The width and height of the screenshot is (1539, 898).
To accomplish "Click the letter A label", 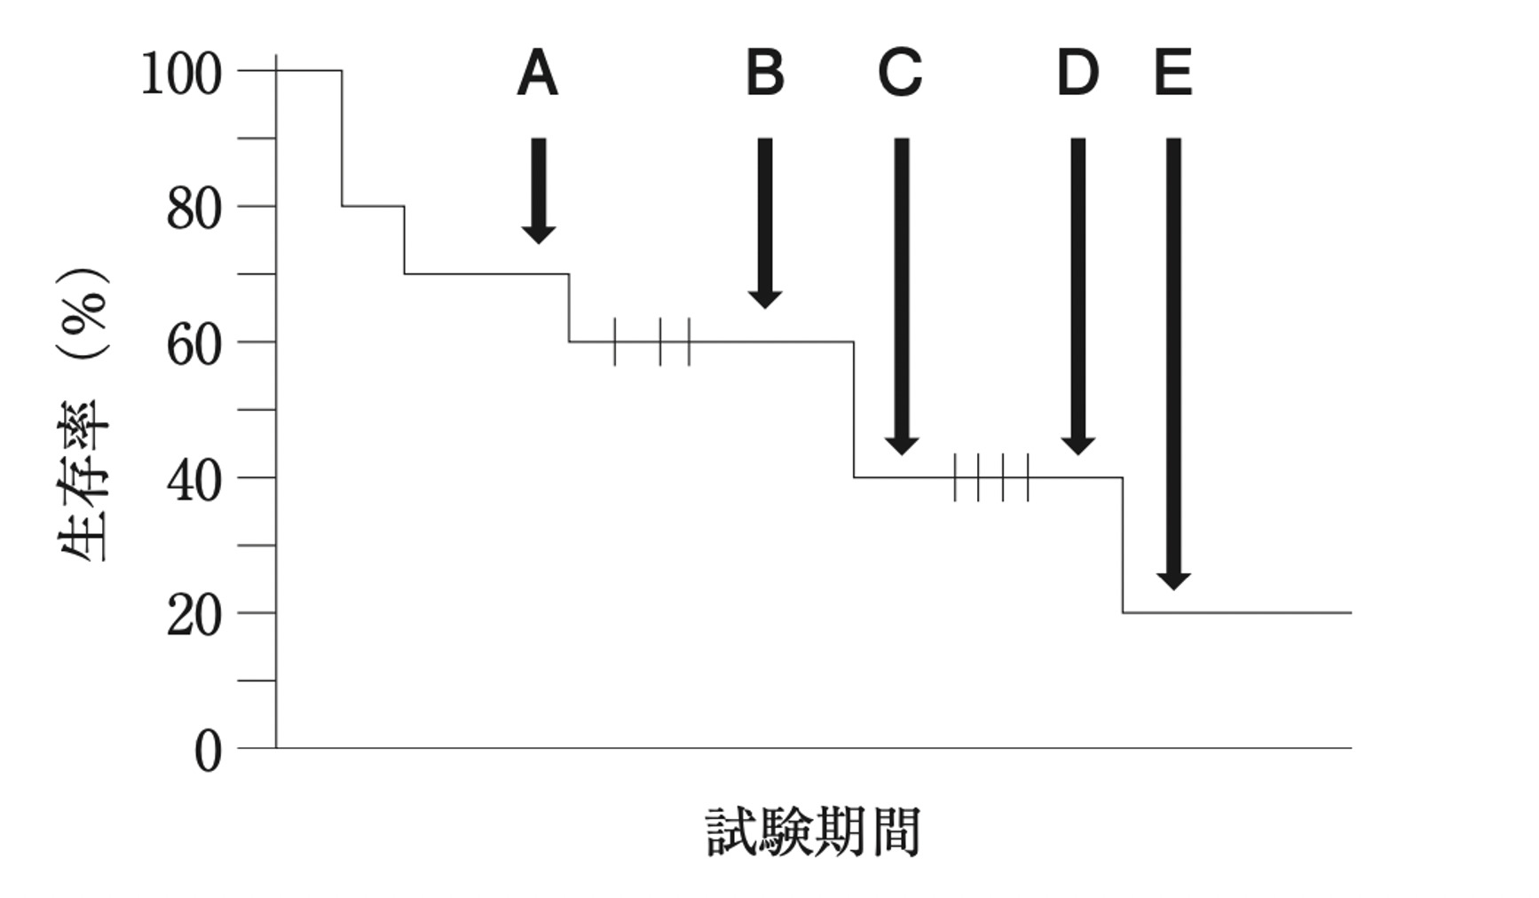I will click(x=537, y=74).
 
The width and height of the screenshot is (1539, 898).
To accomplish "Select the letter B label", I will click(x=765, y=74).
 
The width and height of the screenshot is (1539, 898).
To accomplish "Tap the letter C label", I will click(x=900, y=74).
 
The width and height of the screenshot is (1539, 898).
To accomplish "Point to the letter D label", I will click(x=1077, y=74).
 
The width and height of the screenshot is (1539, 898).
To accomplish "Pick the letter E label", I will click(x=1172, y=74).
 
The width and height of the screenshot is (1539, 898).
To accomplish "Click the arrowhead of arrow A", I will click(x=538, y=233).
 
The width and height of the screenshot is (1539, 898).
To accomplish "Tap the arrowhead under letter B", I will click(x=765, y=298).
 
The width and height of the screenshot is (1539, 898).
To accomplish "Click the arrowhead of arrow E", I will click(x=1173, y=580).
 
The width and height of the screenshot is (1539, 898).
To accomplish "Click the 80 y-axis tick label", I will click(x=193, y=210).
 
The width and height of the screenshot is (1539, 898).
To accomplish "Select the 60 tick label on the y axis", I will click(x=193, y=346).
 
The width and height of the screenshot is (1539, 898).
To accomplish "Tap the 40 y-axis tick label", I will click(x=193, y=482).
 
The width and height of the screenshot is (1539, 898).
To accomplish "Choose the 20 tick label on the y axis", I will click(x=193, y=617).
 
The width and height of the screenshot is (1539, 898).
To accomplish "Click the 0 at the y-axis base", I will click(x=209, y=752).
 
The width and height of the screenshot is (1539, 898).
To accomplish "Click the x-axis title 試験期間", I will click(x=813, y=831).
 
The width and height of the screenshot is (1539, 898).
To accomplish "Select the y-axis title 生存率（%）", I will click(x=84, y=415).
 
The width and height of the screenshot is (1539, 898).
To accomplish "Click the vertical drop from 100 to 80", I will click(x=342, y=138).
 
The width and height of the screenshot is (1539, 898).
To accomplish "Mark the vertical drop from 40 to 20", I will click(x=1123, y=545).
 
